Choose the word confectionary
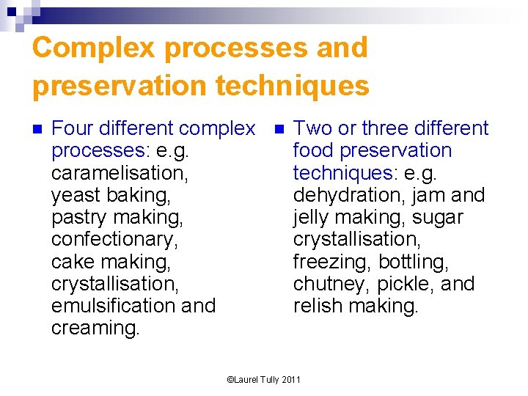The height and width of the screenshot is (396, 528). coord(114,239)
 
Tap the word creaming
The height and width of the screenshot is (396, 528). coord(95,329)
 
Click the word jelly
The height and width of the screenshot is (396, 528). coord(314,218)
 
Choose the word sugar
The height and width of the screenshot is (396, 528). coord(437,218)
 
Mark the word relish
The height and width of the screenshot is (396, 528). coord(318,306)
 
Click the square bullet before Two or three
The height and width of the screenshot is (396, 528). coord(279,130)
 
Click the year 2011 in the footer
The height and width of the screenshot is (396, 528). coord(291,379)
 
